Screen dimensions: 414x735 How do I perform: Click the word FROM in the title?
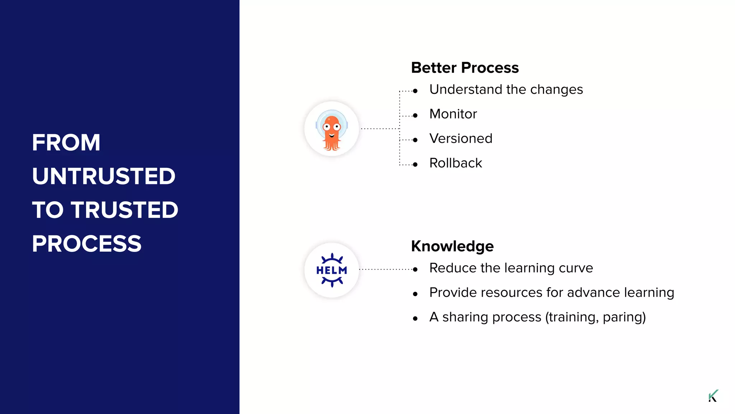(x=66, y=143)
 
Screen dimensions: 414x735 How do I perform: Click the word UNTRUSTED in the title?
(x=104, y=176)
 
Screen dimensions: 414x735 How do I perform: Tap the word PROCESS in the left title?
(x=86, y=244)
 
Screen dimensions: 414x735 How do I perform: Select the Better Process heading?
(x=465, y=68)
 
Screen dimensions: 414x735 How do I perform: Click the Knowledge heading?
(x=452, y=247)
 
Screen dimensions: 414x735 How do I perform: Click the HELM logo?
(x=332, y=270)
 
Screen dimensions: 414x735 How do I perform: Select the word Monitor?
(x=453, y=114)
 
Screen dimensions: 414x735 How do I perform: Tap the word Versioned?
(x=461, y=139)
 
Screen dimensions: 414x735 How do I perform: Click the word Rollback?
(x=455, y=163)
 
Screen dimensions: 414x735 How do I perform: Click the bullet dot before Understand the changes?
(x=415, y=91)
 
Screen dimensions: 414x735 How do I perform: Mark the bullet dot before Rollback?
(x=415, y=165)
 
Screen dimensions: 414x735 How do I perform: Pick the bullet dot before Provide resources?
(x=415, y=294)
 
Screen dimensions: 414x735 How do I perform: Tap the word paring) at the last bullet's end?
(x=624, y=317)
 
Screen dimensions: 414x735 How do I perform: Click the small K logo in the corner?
(x=713, y=396)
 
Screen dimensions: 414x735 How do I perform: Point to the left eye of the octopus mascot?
(x=327, y=127)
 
